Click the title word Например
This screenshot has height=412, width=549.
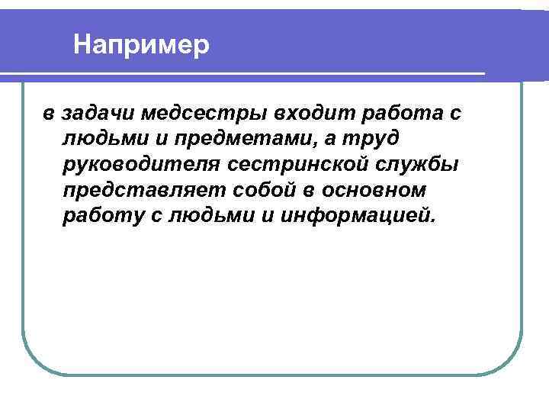pyautogui.click(x=141, y=45)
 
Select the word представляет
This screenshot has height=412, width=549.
pyautogui.click(x=144, y=190)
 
